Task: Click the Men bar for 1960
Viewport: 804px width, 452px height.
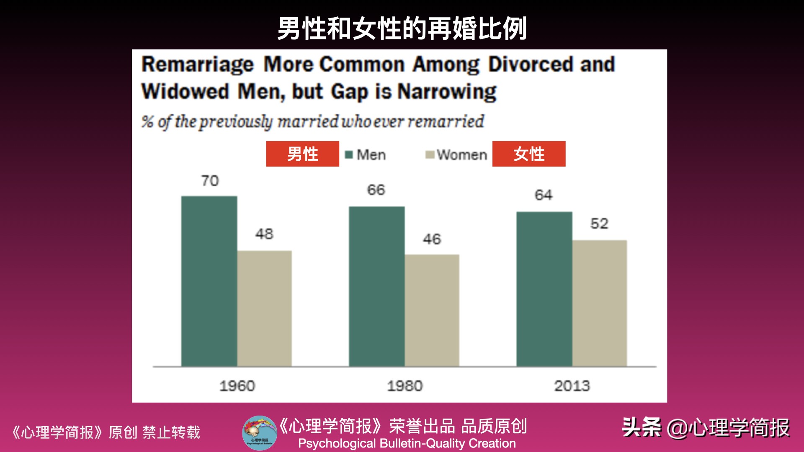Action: pyautogui.click(x=209, y=281)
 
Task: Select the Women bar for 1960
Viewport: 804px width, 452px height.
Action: pyautogui.click(x=264, y=308)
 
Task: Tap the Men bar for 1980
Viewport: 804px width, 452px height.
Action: pyautogui.click(x=376, y=286)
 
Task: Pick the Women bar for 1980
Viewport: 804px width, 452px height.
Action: pyautogui.click(x=432, y=311)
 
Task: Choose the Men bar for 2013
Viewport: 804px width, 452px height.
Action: pyautogui.click(x=544, y=289)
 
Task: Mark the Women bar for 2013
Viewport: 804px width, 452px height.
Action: pyautogui.click(x=599, y=303)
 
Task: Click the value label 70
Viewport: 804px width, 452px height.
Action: pyautogui.click(x=210, y=181)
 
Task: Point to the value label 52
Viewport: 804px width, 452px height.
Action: pyautogui.click(x=599, y=223)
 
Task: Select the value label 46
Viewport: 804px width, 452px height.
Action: pyautogui.click(x=432, y=239)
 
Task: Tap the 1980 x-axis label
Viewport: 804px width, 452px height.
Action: pyautogui.click(x=405, y=385)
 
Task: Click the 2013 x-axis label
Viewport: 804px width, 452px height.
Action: pyautogui.click(x=572, y=385)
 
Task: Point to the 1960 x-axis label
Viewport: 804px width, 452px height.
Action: pyautogui.click(x=237, y=385)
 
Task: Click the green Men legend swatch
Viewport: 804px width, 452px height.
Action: pyautogui.click(x=349, y=155)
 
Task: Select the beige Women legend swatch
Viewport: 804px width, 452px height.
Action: pyautogui.click(x=430, y=155)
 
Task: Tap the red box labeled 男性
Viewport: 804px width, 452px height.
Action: pyautogui.click(x=302, y=154)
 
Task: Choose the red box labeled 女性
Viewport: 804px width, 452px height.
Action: pyautogui.click(x=529, y=154)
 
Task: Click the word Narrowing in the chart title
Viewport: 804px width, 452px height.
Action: pyautogui.click(x=447, y=92)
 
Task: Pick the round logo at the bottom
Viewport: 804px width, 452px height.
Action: pyautogui.click(x=260, y=433)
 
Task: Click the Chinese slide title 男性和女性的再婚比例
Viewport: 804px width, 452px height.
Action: pyautogui.click(x=402, y=28)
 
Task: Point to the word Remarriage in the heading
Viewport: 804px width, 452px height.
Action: pyautogui.click(x=198, y=65)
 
